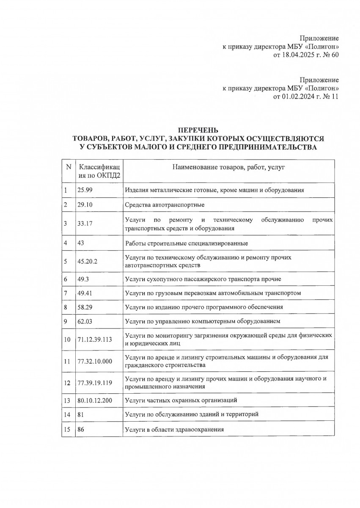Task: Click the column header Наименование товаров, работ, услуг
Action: [x=228, y=168]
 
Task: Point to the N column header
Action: [x=68, y=167]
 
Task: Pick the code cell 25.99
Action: [x=85, y=190]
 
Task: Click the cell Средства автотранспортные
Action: [x=165, y=205]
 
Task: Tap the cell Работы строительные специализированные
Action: [x=187, y=243]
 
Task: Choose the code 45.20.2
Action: [x=88, y=261]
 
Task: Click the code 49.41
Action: [x=85, y=293]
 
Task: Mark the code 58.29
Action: [x=85, y=307]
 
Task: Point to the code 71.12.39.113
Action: [x=95, y=339]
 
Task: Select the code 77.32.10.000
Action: [x=95, y=361]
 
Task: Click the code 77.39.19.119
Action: [x=95, y=383]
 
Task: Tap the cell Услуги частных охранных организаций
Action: [x=181, y=400]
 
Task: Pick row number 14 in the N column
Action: [x=67, y=414]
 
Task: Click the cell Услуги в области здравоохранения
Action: [x=174, y=429]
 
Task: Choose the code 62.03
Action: [x=85, y=321]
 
